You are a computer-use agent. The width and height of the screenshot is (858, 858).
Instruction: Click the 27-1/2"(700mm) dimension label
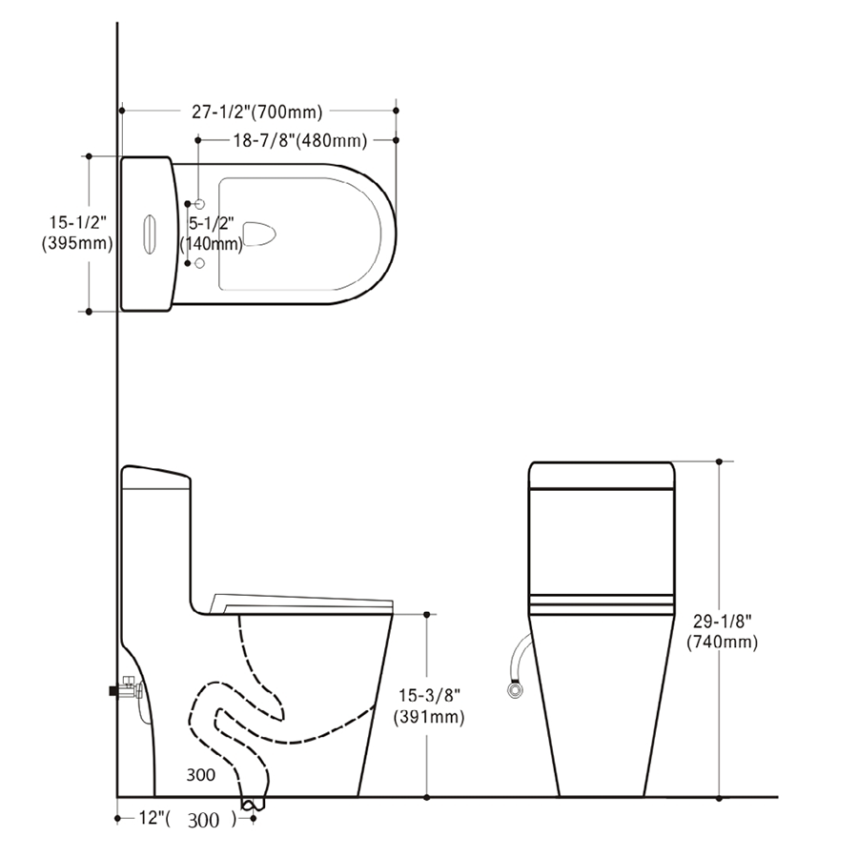click(256, 112)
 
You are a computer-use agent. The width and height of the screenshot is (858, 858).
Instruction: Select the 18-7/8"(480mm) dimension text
click(300, 141)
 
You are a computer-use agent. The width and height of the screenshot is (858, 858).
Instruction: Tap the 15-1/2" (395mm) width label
click(77, 234)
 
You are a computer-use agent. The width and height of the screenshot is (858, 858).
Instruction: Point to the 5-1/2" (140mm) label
click(212, 234)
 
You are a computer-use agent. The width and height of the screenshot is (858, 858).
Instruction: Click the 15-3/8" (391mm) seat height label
click(429, 705)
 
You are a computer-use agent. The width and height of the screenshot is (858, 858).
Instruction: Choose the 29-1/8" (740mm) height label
click(723, 631)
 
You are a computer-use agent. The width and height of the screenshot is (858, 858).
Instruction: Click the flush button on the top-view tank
click(150, 235)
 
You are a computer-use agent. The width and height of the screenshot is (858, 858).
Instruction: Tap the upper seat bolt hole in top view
click(200, 204)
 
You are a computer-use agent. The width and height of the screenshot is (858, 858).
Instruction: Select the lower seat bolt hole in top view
click(200, 263)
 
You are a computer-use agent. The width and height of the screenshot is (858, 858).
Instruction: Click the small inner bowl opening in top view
click(258, 234)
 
